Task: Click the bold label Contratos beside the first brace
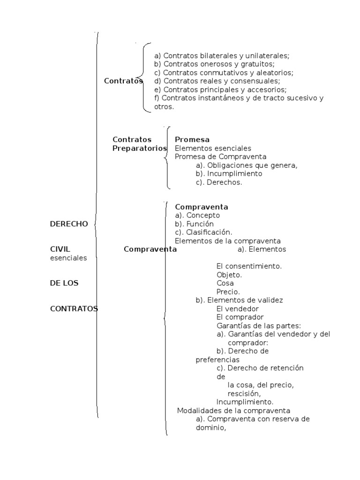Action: coord(123,81)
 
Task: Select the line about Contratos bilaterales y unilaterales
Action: coord(222,55)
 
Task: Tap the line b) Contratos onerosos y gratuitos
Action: coord(214,64)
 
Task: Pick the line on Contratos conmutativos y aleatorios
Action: coord(224,73)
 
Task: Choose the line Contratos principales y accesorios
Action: coord(220,90)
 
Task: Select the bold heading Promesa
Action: coord(192,140)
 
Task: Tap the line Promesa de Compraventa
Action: coord(220,157)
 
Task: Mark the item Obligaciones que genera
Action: coord(247,165)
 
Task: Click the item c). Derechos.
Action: coord(219,182)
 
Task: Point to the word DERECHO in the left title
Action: coord(69,224)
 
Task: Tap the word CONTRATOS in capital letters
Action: coord(74,308)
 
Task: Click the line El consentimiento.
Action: coord(249,266)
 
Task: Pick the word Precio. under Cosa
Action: coord(228,292)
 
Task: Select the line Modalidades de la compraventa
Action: coord(234,411)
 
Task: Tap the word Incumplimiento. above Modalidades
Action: coord(245,402)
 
